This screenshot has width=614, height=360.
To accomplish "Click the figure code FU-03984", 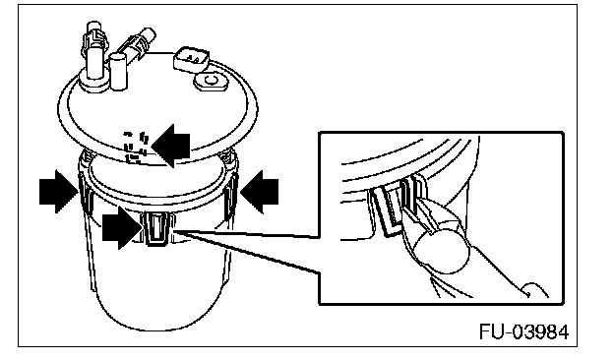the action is [x=523, y=332].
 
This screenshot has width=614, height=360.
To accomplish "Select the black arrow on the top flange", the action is [x=171, y=146].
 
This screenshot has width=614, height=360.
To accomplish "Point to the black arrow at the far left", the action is [x=59, y=192].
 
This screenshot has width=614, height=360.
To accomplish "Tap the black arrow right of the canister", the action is [x=259, y=192].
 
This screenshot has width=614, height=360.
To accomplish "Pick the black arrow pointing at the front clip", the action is [x=122, y=227].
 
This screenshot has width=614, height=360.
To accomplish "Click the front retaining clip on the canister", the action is [x=156, y=228].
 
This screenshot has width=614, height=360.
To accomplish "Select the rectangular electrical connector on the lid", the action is [x=192, y=60].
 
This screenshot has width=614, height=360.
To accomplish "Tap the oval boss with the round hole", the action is [x=212, y=81].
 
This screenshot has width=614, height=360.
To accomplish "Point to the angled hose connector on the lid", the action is [x=138, y=44].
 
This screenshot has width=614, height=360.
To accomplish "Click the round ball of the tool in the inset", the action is [x=441, y=252].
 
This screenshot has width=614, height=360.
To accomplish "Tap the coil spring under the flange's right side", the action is [x=228, y=157].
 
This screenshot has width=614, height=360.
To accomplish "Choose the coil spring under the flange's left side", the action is [x=87, y=155].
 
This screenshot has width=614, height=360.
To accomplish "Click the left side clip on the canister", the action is [x=85, y=192].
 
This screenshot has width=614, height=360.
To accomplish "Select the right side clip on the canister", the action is [x=230, y=193].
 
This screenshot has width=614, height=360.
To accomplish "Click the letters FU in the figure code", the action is [x=492, y=332].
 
